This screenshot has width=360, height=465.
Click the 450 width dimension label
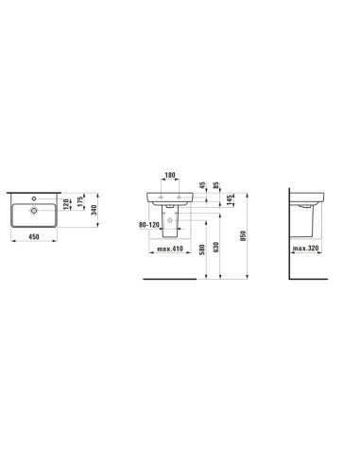[x=34, y=236]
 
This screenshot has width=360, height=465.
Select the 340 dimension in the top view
[x=94, y=210]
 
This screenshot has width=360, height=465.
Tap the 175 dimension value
[x=80, y=201]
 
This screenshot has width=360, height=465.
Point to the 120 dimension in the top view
[x=66, y=204]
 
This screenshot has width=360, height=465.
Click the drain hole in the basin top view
[x=34, y=211]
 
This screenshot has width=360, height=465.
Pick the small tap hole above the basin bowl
[x=34, y=198]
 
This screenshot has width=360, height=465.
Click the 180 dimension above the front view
[x=170, y=175]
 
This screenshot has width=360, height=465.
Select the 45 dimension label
[x=202, y=185]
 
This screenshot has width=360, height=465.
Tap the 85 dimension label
[x=216, y=185]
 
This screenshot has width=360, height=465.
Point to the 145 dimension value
[x=230, y=199]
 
